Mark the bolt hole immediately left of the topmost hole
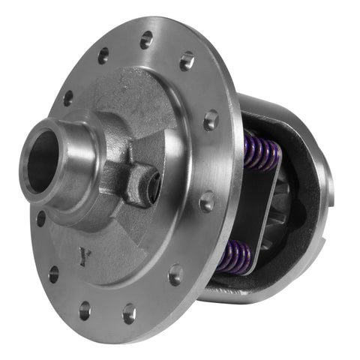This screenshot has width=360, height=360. coord(103,55)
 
